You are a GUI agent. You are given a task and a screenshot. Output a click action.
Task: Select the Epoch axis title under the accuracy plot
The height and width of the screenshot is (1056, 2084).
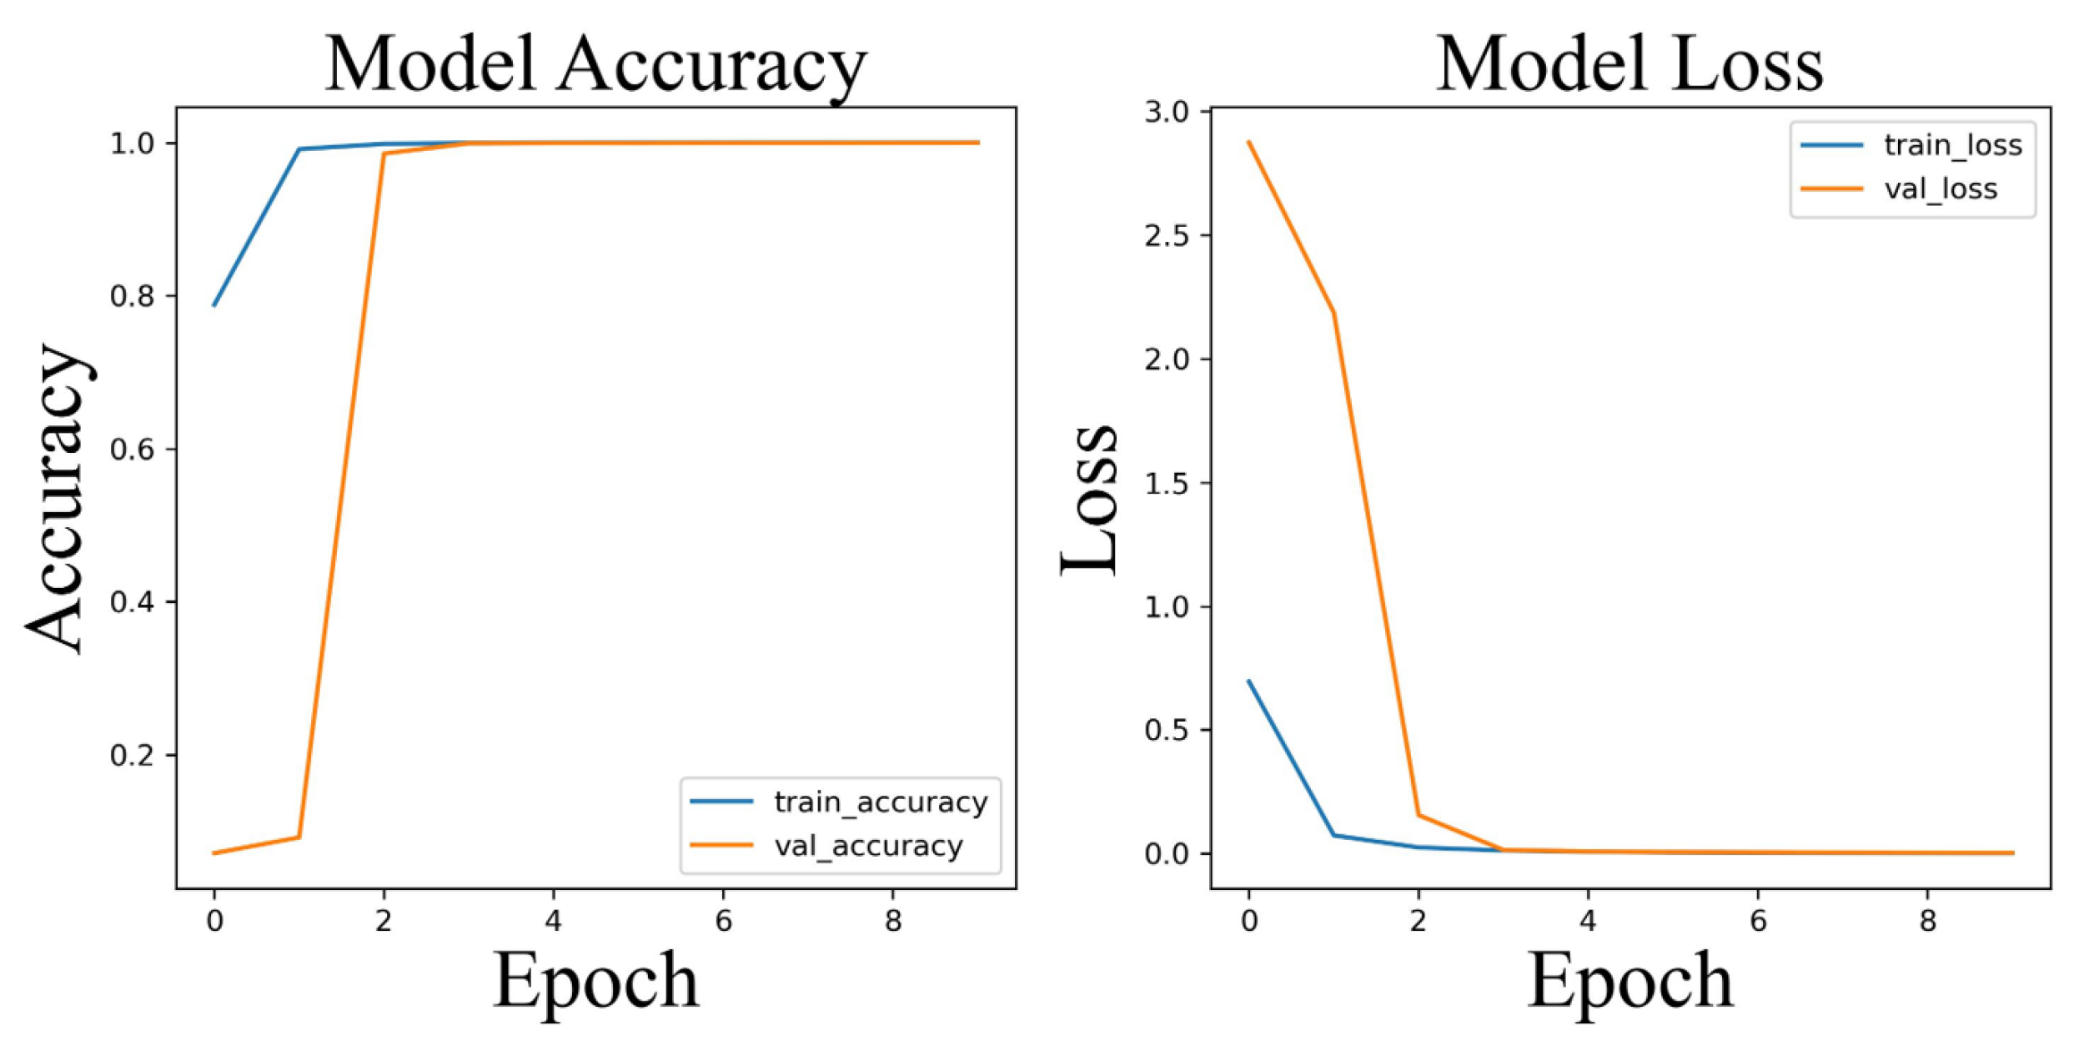pos(595,981)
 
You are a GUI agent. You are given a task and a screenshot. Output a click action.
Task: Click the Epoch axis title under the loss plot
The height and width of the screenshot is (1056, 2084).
pos(1630,981)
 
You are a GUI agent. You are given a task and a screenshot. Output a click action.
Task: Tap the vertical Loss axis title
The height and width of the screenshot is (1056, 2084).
pos(1089,498)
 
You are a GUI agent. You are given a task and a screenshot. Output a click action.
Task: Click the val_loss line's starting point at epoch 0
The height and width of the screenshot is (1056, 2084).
pos(1248,142)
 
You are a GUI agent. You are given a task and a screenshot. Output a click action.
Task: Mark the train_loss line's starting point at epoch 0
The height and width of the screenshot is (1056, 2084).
pos(1248,681)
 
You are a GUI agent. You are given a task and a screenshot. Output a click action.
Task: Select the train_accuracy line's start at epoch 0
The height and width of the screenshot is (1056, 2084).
pos(214,305)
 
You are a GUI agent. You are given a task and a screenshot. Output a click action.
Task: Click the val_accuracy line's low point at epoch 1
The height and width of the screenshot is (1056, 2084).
pos(299,837)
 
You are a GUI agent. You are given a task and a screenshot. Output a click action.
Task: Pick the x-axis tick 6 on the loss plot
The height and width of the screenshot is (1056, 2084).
pos(1757,921)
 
